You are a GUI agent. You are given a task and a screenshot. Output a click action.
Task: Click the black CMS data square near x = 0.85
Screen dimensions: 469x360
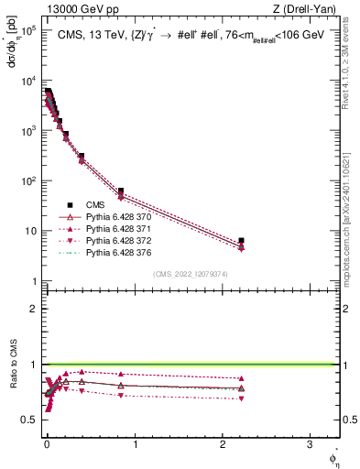[x=121, y=191]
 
